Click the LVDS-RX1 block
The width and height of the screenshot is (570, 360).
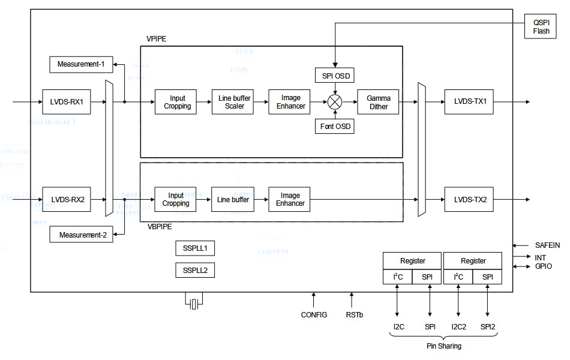(x=67, y=102)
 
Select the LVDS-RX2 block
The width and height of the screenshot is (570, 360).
(x=67, y=199)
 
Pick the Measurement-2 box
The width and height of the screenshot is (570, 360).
(x=83, y=235)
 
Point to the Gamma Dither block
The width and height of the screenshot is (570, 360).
(x=379, y=102)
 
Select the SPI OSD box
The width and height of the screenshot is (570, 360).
(x=335, y=76)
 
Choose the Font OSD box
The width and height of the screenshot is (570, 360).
(x=335, y=127)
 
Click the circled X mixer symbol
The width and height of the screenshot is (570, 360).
(x=335, y=102)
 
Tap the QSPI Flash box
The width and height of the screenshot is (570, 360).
(x=541, y=27)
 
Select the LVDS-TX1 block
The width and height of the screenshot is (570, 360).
(x=470, y=102)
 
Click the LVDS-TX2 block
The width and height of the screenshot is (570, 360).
(x=470, y=199)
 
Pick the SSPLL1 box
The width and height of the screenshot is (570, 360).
(x=195, y=248)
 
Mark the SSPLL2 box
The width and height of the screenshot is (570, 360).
(x=195, y=270)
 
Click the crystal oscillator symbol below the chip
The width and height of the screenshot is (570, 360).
(x=193, y=302)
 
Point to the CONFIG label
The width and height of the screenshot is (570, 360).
(x=314, y=314)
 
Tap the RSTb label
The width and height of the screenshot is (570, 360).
(x=354, y=314)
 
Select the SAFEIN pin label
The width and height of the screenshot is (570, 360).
(x=547, y=245)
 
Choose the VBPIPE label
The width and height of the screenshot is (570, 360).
(x=160, y=227)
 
